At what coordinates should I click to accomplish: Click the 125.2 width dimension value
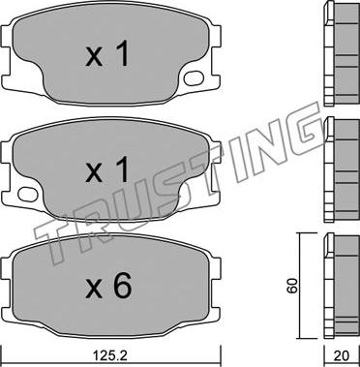[110, 356]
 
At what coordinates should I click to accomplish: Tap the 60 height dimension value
[292, 286]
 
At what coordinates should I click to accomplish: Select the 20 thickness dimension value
[342, 356]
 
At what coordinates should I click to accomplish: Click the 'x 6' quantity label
[108, 286]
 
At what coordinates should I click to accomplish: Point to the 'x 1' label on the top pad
[107, 55]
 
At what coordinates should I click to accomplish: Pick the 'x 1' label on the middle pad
[107, 171]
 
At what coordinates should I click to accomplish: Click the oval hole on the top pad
[194, 77]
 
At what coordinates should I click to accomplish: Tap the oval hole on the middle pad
[28, 194]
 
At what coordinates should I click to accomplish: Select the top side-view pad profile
[342, 53]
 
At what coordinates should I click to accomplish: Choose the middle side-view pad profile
[342, 169]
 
